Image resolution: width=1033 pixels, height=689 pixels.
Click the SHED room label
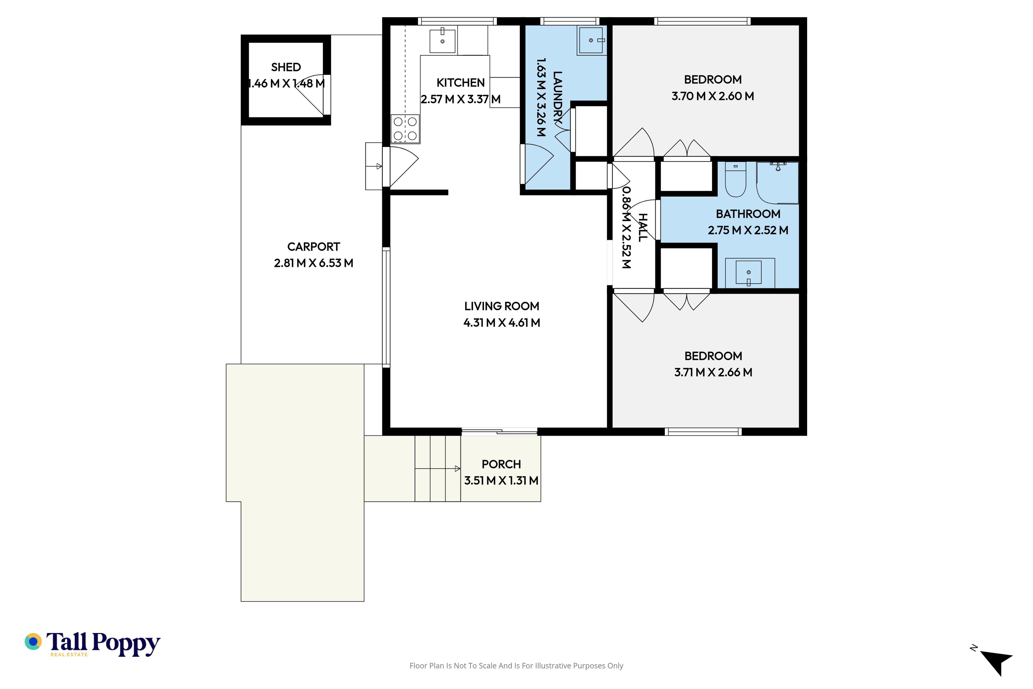coord(286,67)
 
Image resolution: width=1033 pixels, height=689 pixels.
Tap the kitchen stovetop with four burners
coord(405,129)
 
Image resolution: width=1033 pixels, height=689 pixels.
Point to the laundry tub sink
coord(592,40)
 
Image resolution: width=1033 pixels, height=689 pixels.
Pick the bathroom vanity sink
coord(749,273)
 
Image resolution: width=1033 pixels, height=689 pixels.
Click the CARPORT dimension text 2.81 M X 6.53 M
coord(314,263)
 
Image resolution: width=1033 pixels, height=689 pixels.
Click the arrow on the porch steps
coord(437,469)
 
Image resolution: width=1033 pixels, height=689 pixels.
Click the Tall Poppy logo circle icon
coord(33,642)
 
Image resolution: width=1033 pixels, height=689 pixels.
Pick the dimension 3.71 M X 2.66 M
coord(713,372)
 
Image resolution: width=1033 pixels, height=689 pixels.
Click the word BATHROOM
coord(748,214)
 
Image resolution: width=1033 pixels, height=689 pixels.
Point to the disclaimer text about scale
coord(516,666)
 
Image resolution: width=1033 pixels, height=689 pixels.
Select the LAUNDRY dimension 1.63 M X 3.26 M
coord(541,97)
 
